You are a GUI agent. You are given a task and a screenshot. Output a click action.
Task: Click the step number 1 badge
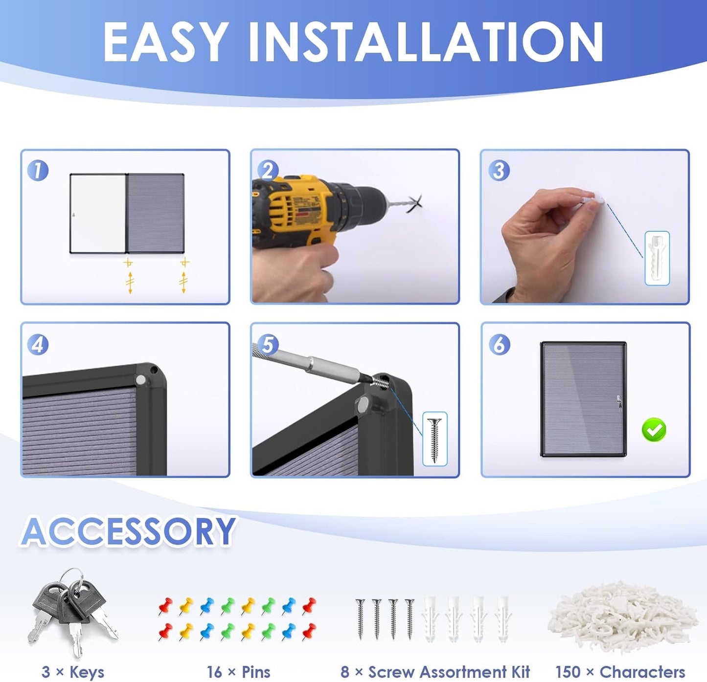[x=38, y=171]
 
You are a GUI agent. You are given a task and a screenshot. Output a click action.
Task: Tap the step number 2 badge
[x=268, y=171]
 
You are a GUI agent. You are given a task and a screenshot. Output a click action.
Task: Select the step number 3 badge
[x=499, y=171]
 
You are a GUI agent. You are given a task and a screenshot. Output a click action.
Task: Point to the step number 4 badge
[x=38, y=345]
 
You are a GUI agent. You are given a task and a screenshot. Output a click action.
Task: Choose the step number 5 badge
[x=268, y=345]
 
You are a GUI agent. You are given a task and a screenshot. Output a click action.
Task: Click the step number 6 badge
[x=499, y=345]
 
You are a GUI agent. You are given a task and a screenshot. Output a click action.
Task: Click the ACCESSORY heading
[x=128, y=531]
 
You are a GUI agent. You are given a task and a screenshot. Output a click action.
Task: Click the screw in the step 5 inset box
[x=434, y=440]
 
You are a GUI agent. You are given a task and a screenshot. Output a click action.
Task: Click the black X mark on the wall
[x=414, y=204]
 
